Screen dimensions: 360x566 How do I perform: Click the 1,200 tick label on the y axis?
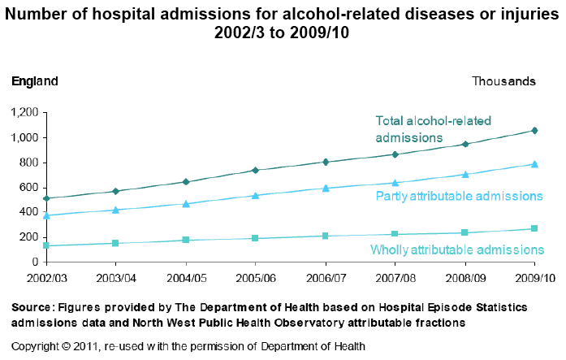(x=24, y=113)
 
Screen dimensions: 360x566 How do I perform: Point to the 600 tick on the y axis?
(x=29, y=188)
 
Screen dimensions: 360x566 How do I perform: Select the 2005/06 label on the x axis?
(x=256, y=277)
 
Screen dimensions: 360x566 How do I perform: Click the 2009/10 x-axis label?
(x=534, y=277)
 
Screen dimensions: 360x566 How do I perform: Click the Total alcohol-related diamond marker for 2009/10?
(x=534, y=130)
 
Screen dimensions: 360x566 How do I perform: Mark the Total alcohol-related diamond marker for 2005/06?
(x=256, y=170)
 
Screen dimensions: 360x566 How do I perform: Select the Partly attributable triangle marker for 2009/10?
(x=534, y=163)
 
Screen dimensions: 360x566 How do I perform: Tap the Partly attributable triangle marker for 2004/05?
(x=186, y=203)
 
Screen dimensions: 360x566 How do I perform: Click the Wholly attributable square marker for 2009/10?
(x=534, y=228)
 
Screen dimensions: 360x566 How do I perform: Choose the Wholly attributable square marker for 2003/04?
(x=116, y=243)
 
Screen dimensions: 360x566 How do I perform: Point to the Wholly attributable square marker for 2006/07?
(x=326, y=236)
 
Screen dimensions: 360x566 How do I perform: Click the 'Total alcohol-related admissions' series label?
(x=433, y=129)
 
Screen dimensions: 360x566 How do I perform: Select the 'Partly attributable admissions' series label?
(x=458, y=196)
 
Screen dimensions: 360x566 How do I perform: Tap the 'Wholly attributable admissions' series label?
(x=456, y=249)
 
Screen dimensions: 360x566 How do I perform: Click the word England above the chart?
(x=35, y=81)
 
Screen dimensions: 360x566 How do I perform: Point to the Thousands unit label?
(x=503, y=81)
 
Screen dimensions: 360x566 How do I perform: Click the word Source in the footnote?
(x=31, y=307)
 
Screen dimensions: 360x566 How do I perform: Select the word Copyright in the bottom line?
(x=36, y=345)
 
